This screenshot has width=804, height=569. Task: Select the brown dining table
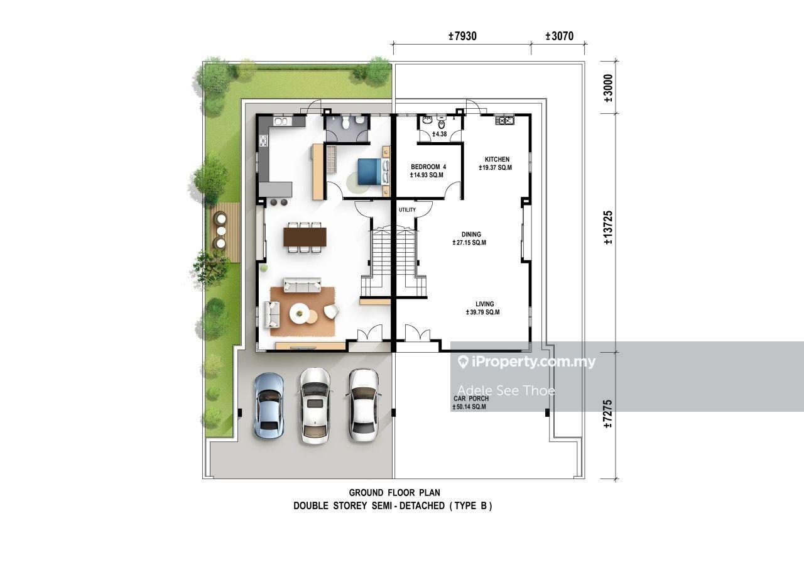[x=305, y=237]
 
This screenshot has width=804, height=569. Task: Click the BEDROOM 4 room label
[x=428, y=167]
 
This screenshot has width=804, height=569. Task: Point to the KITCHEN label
[x=497, y=159]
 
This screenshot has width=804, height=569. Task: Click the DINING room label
[x=471, y=235]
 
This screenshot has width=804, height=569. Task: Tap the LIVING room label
[x=484, y=304]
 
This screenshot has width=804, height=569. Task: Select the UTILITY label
[x=408, y=210]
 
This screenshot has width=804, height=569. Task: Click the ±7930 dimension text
[x=463, y=36]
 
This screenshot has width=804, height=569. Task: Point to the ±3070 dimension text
[x=560, y=36]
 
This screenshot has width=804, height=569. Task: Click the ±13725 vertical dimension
[x=609, y=228]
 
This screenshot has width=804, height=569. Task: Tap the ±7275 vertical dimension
[x=609, y=414]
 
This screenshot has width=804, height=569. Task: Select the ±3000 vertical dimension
[x=609, y=88]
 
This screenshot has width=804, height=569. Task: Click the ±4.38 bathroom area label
[x=439, y=134]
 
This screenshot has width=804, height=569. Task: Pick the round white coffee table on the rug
[x=298, y=313]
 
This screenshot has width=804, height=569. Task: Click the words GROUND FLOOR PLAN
[x=394, y=492]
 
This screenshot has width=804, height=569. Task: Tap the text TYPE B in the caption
[x=470, y=505]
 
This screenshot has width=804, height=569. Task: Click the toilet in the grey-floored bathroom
[x=345, y=123]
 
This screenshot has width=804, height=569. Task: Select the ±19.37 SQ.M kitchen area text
[x=496, y=167]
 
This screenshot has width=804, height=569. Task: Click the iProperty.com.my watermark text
[x=527, y=362]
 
